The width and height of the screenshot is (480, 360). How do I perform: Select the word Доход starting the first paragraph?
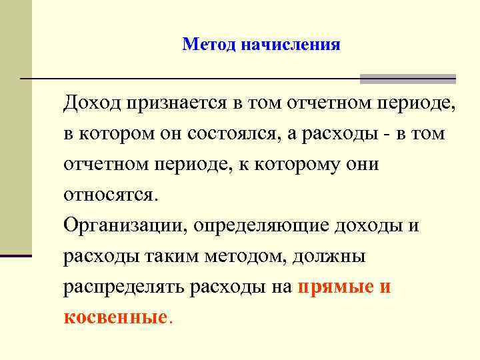pos(91,103)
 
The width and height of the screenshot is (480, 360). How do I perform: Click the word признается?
pos(175,103)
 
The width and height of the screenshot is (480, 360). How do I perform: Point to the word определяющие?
pos(259,226)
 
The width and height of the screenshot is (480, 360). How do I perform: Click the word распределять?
pos(125,287)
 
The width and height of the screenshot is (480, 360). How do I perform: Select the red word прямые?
pos(329,287)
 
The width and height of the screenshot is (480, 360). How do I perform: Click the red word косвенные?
pos(114,317)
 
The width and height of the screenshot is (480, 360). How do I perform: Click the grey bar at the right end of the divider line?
pos(407,79)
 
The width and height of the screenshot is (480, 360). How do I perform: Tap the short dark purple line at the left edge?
pos(16,255)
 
